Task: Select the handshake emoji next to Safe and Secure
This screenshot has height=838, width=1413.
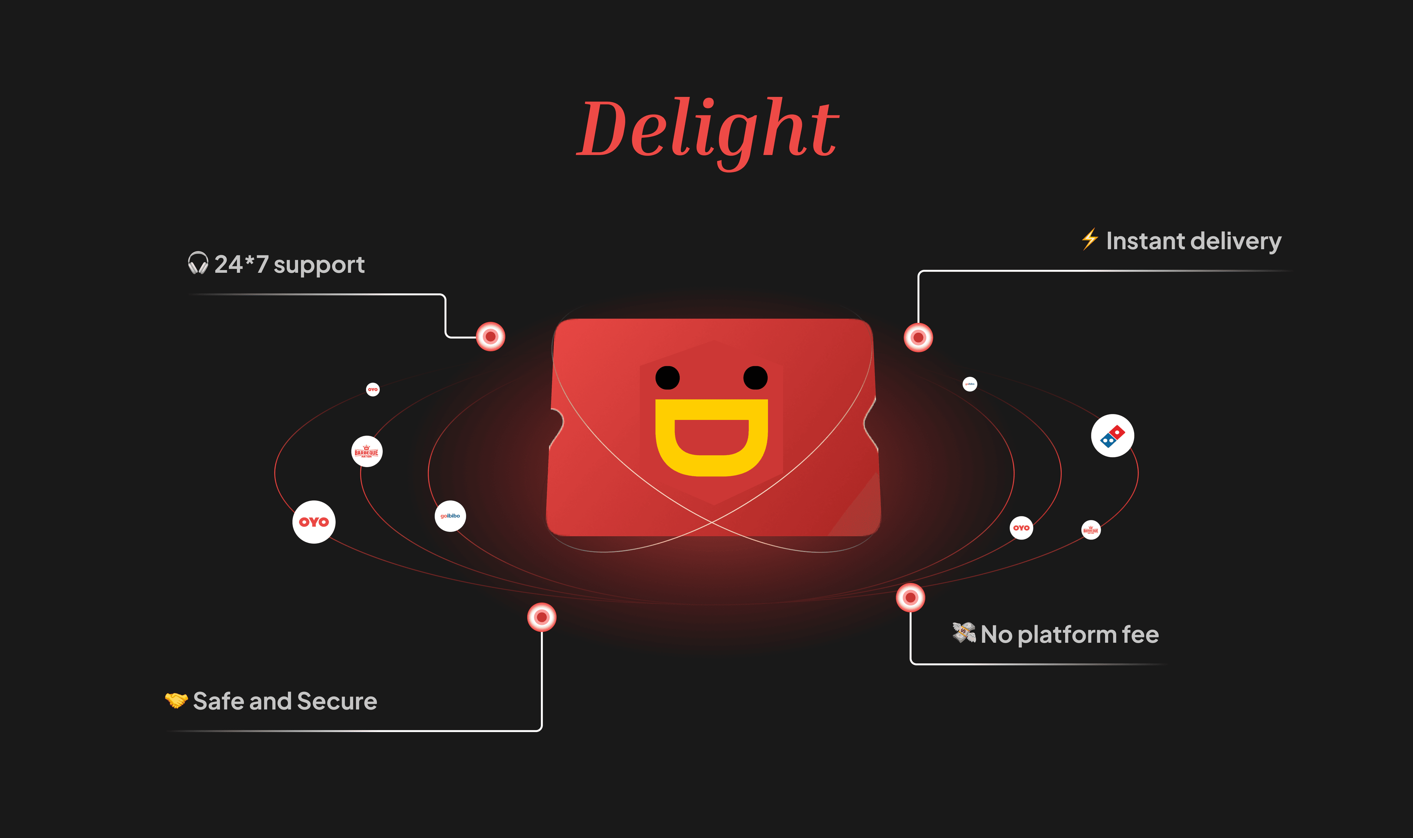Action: tap(176, 700)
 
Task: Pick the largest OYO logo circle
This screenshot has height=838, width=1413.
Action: tap(314, 522)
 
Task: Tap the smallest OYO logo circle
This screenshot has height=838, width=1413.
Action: tap(373, 390)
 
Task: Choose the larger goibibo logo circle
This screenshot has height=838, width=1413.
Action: tap(450, 516)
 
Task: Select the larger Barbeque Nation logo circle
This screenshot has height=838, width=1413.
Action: tap(366, 452)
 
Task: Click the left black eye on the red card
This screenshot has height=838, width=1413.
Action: tap(667, 378)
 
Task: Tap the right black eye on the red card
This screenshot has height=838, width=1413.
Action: tap(755, 378)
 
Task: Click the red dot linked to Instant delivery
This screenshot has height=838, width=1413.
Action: tap(918, 338)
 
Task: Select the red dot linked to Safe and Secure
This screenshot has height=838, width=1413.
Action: tap(541, 617)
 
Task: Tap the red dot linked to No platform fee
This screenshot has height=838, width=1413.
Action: tap(910, 597)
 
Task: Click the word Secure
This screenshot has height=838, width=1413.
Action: tap(337, 701)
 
